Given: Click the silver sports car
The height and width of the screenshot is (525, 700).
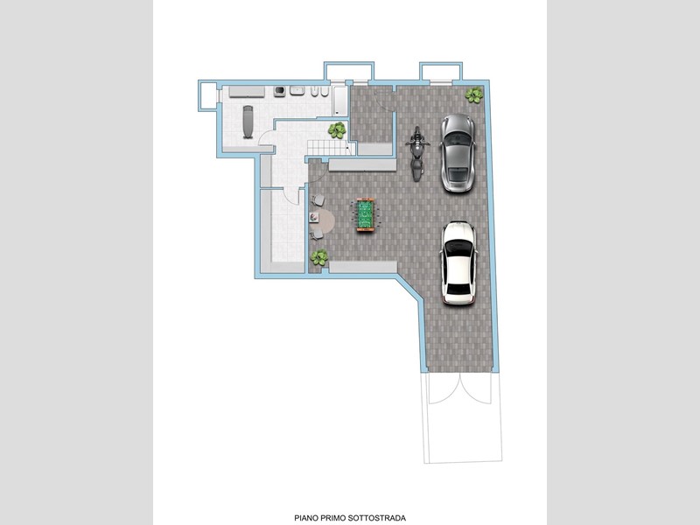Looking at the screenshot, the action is [x=457, y=153].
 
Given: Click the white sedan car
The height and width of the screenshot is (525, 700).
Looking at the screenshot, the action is [x=458, y=263].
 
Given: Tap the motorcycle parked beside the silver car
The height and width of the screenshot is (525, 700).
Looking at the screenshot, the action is [x=417, y=154].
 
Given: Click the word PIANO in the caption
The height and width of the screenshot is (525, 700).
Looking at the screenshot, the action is [x=306, y=518].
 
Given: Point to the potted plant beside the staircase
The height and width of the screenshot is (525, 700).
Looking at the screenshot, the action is [x=337, y=130].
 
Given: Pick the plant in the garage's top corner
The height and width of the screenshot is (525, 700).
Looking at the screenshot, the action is [x=473, y=94].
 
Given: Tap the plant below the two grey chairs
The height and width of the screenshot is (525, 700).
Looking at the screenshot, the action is [x=319, y=257].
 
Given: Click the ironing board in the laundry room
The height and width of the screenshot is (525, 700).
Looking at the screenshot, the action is [x=248, y=122].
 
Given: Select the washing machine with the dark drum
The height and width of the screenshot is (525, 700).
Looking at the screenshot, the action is [x=280, y=92].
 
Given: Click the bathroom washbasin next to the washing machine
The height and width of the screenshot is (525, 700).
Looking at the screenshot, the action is [x=297, y=91].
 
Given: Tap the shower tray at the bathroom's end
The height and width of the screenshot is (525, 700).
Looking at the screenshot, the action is [x=340, y=101].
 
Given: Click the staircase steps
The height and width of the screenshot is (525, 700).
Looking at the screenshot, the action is [x=329, y=147].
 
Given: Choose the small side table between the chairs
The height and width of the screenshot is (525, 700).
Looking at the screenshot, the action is [x=314, y=217].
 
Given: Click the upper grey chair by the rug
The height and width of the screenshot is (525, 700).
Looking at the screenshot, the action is [x=318, y=200].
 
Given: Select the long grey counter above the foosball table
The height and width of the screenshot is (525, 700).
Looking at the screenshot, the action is [x=362, y=164].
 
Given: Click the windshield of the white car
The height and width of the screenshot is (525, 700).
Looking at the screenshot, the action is [x=458, y=246].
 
